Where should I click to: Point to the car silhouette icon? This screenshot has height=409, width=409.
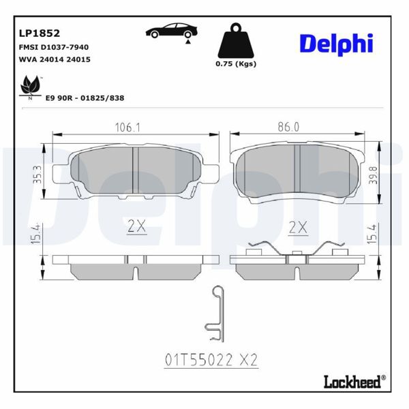172,31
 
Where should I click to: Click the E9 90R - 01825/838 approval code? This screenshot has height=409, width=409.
85,98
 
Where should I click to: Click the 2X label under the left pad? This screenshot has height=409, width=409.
137,227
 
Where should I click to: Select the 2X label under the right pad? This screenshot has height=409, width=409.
298,227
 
